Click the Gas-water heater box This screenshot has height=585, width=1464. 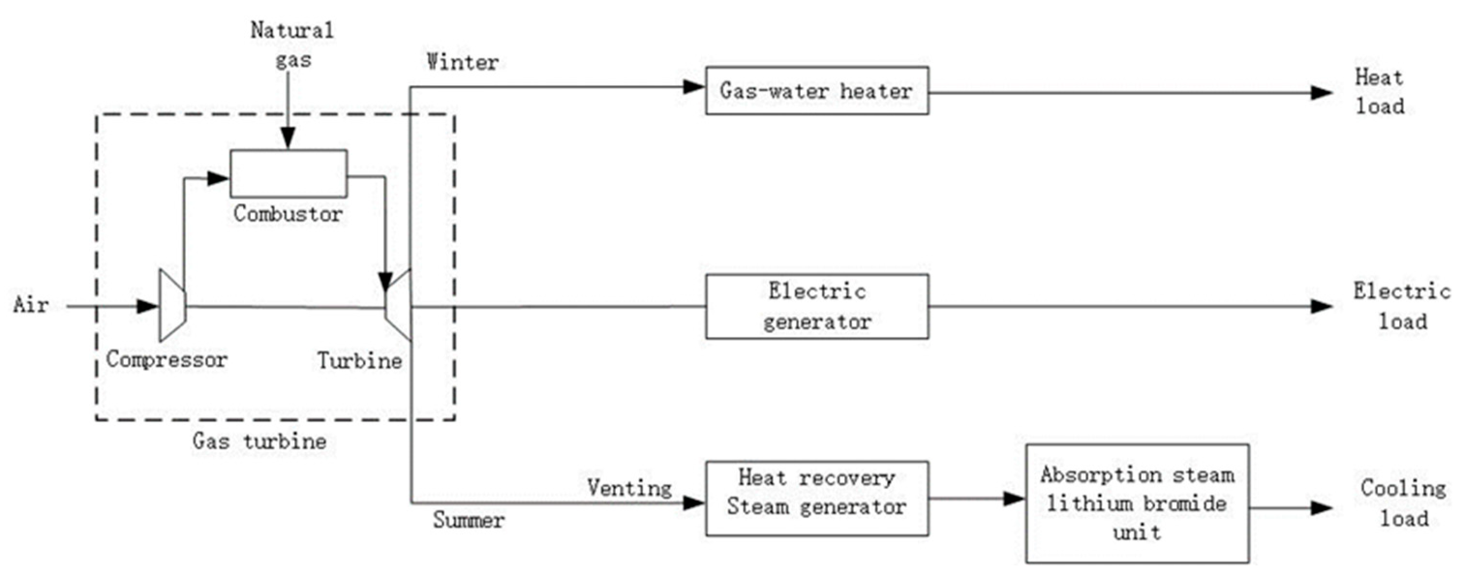[x=817, y=91]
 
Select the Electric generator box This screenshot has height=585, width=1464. [x=817, y=307]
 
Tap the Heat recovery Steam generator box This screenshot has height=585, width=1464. [x=817, y=498]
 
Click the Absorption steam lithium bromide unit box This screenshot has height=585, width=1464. [x=1137, y=504]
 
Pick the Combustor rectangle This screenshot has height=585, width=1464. [x=289, y=174]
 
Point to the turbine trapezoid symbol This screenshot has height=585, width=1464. [x=399, y=305]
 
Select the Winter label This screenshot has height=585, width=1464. [x=463, y=62]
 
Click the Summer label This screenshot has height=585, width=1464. [x=468, y=520]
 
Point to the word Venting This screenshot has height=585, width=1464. [x=629, y=488]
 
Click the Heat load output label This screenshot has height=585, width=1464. [x=1380, y=92]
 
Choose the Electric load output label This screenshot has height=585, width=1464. [x=1402, y=307]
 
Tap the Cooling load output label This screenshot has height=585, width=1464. [x=1403, y=504]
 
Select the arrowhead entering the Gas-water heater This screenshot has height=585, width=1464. [x=694, y=87]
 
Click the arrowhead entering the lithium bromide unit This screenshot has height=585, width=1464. [x=1014, y=499]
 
